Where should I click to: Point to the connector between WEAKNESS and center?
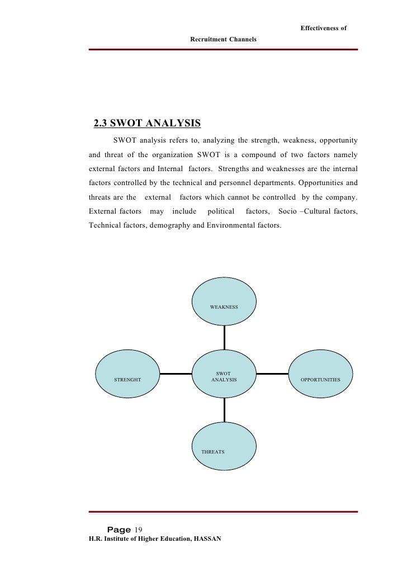224,338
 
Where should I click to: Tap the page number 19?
139,530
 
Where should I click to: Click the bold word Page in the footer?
119,530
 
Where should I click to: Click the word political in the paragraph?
221,211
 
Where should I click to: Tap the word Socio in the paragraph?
287,211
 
